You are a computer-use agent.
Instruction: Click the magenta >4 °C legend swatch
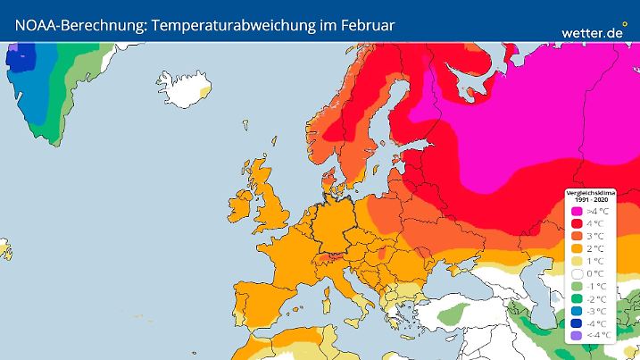pos(576,210)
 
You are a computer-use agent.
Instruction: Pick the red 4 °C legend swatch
pos(576,222)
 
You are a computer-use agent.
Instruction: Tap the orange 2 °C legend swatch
pos(576,247)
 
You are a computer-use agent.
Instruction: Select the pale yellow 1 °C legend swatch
pos(576,260)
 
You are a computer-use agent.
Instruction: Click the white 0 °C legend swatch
pos(576,272)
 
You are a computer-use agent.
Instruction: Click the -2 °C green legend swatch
pos(576,297)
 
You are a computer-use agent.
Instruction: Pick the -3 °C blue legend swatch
pos(576,310)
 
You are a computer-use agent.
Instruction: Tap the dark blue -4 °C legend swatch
pos(576,322)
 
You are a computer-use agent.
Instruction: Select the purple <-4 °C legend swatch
pos(576,335)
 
